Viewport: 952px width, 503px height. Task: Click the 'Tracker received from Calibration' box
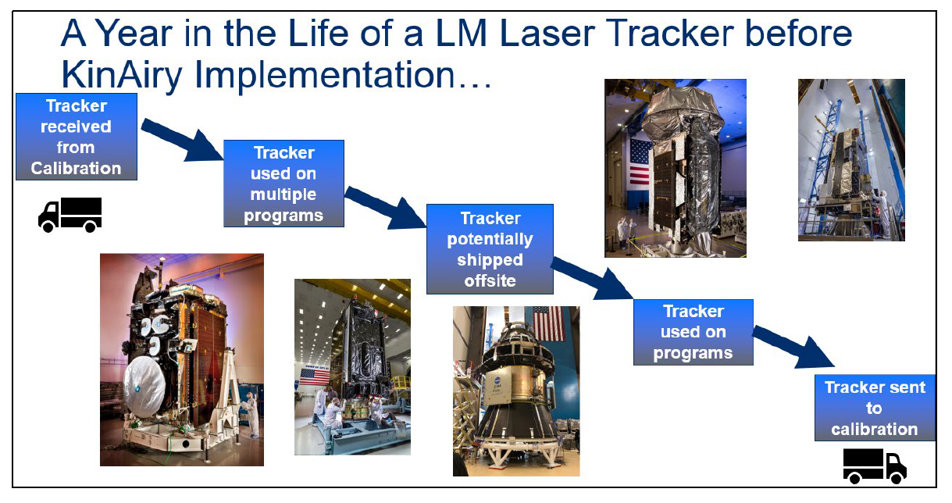click(x=77, y=137)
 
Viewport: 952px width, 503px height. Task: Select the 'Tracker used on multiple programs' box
click(x=283, y=184)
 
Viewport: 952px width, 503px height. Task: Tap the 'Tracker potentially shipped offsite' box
click(x=490, y=248)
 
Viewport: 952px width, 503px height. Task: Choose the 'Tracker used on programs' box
click(x=693, y=332)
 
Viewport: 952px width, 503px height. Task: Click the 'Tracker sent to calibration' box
click(x=874, y=408)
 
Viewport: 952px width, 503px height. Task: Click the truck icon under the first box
click(x=70, y=214)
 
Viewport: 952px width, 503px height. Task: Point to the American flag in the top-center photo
click(x=640, y=162)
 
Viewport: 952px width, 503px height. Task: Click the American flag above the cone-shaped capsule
click(x=548, y=323)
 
